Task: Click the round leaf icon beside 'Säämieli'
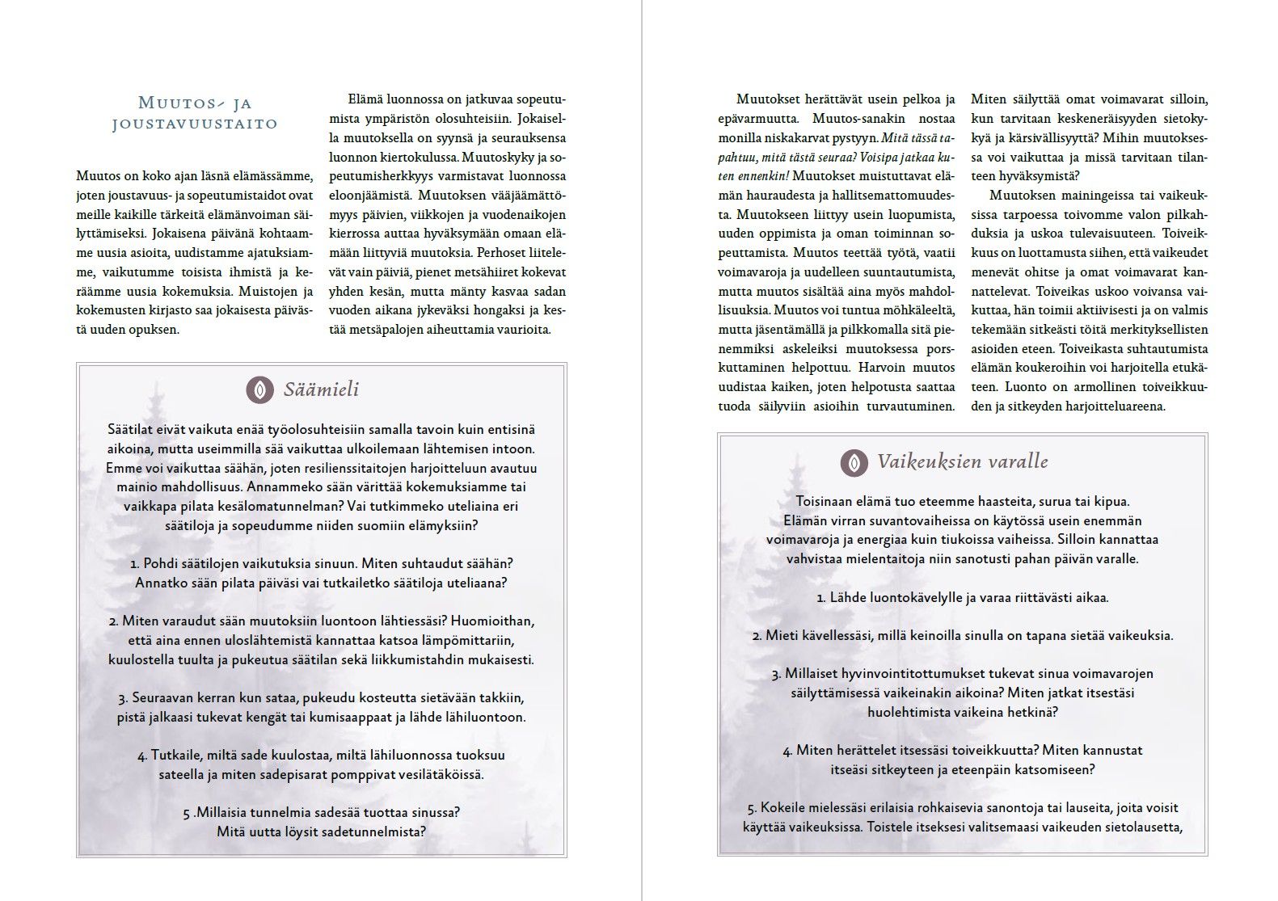(259, 389)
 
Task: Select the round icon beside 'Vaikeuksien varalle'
(854, 462)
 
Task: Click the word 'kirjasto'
(155, 311)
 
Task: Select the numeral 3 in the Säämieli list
(122, 698)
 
